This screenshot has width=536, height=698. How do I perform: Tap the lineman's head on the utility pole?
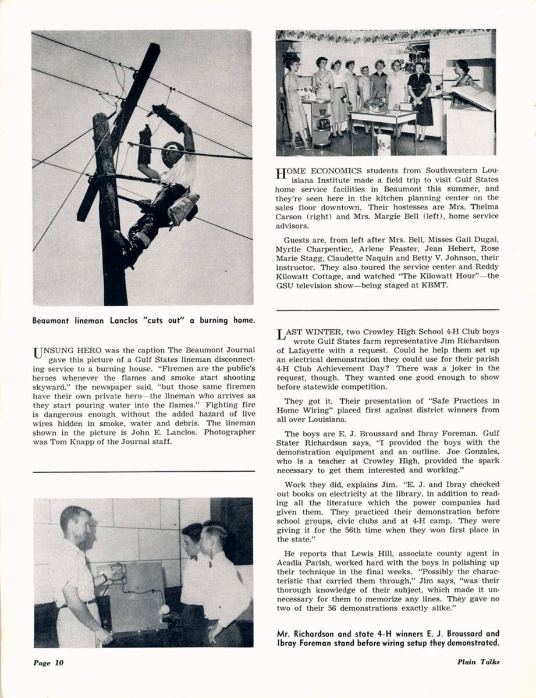tap(172, 152)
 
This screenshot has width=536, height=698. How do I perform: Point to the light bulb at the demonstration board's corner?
tap(165, 609)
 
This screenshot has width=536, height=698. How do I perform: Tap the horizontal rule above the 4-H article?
tap(388, 309)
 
